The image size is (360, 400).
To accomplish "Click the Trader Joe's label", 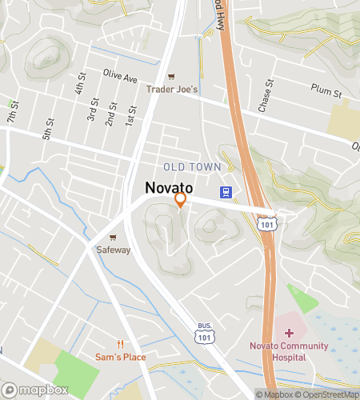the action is [171, 90].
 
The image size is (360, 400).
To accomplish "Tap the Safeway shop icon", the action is [113, 238].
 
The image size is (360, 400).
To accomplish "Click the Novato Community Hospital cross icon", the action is [288, 332].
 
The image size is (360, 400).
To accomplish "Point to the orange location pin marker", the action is [181, 199].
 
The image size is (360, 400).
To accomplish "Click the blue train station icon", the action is [227, 192].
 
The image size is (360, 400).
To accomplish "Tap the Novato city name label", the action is [168, 187].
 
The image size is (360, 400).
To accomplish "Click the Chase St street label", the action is [266, 96].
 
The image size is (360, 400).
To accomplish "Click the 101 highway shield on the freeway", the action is [268, 223].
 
